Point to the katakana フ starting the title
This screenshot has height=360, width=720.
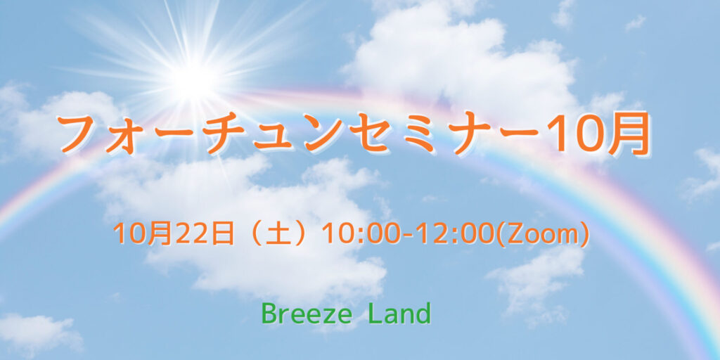pos(82,134)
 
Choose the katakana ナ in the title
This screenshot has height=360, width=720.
pos(465,134)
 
